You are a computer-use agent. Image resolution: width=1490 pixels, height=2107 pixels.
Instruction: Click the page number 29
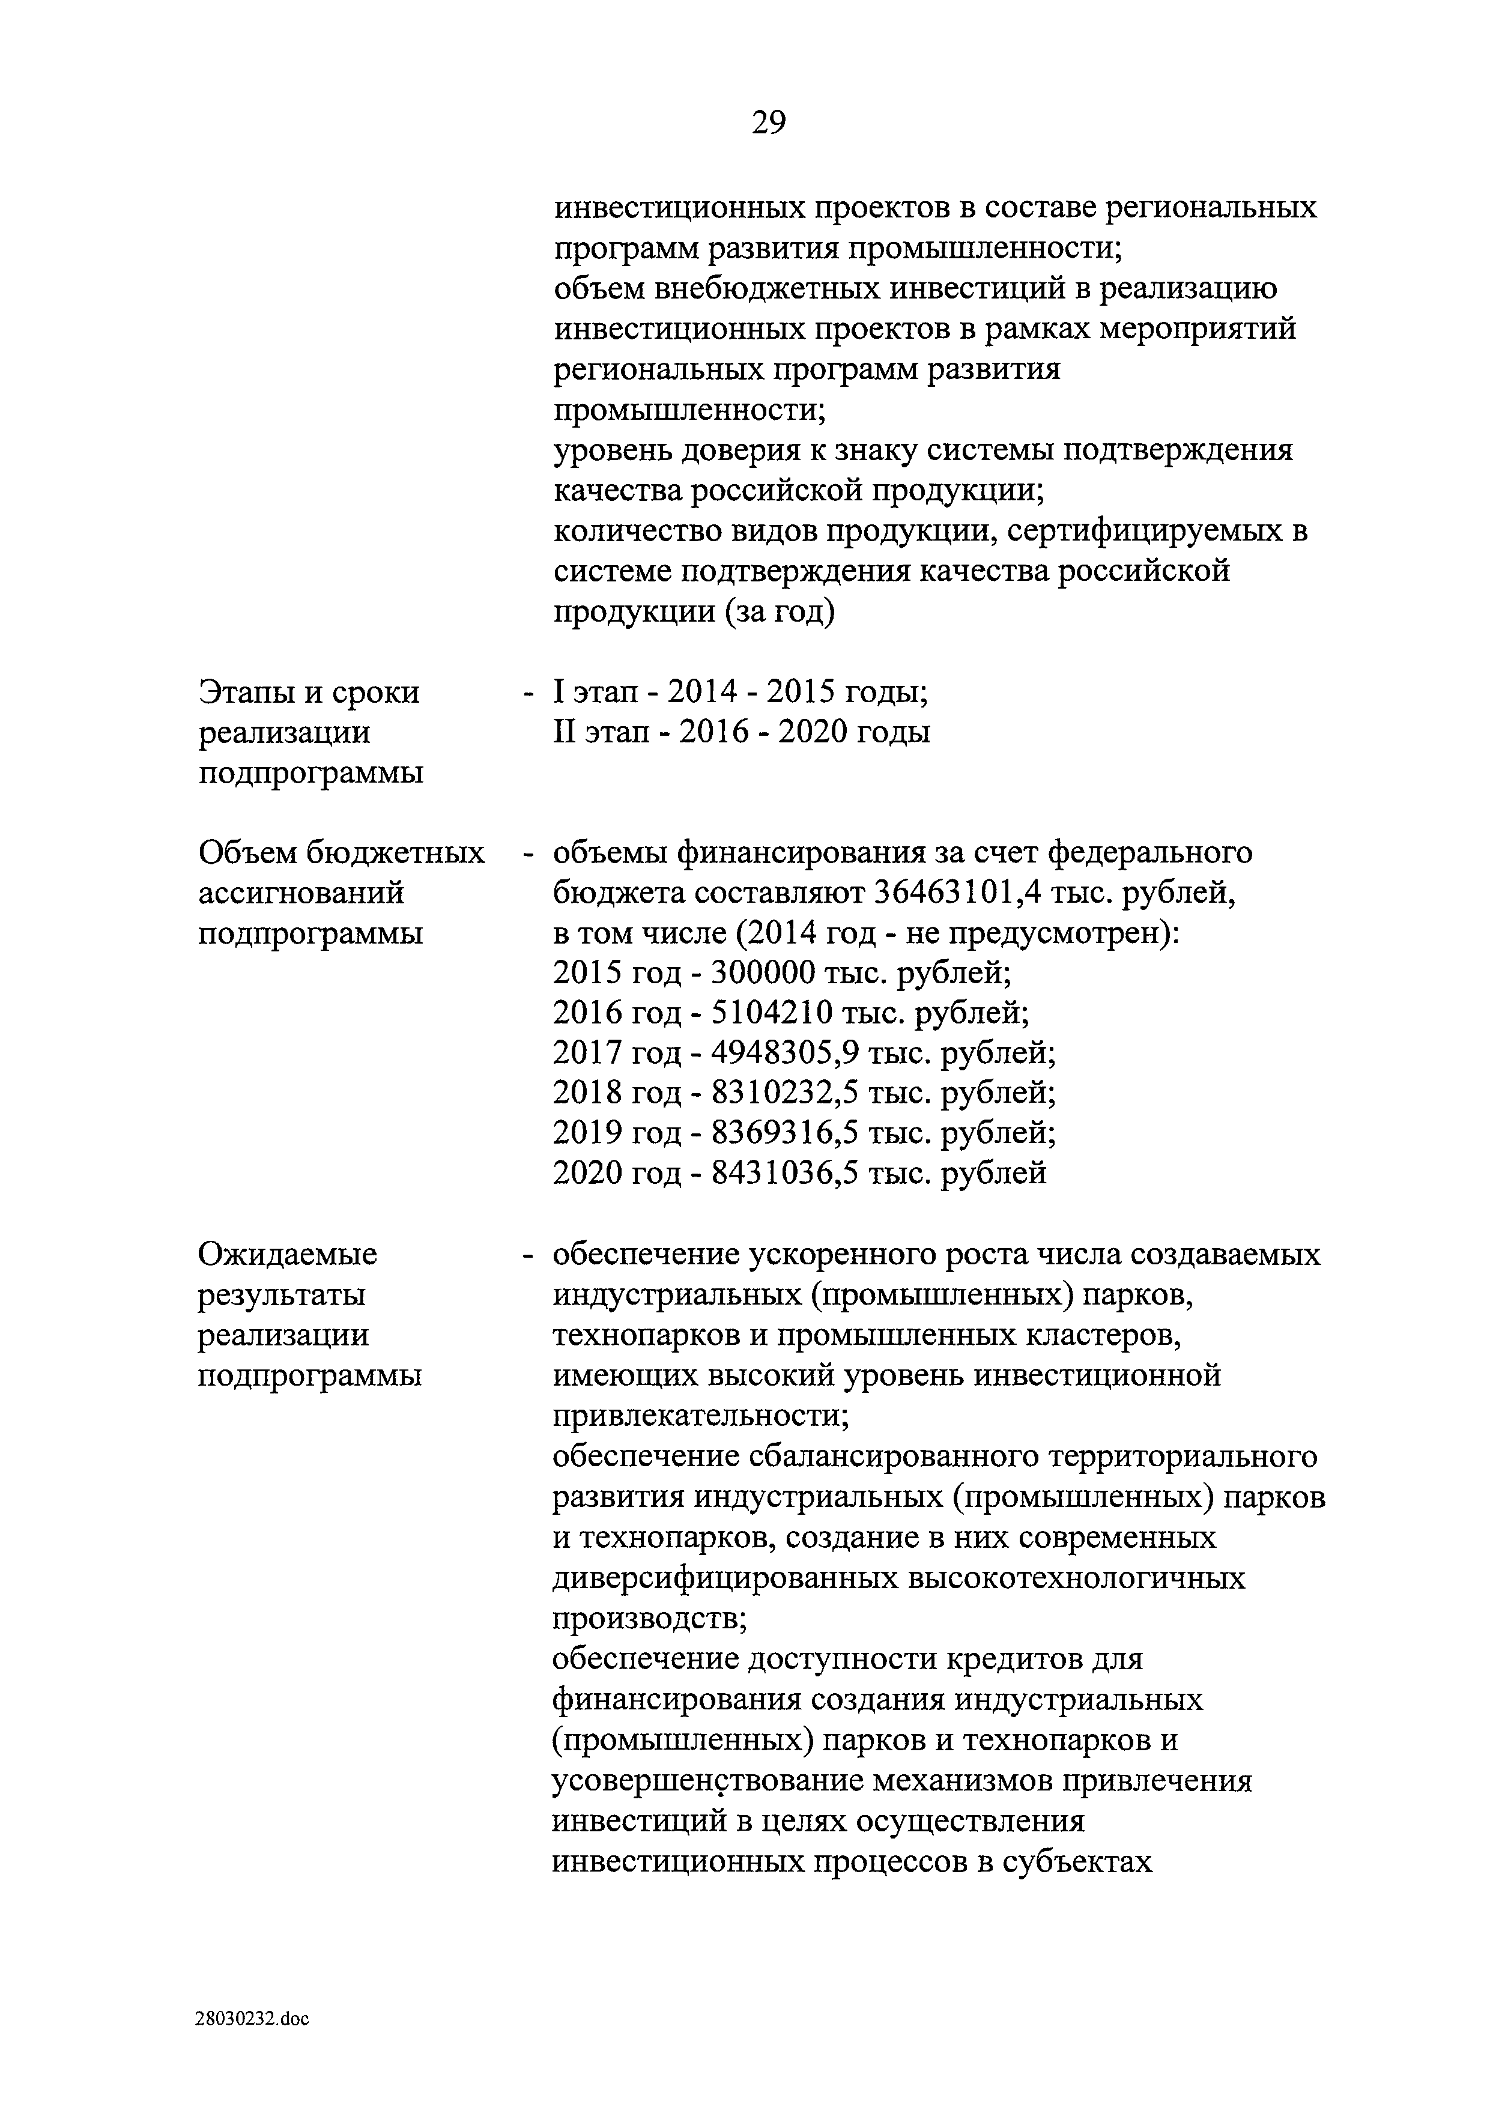(768, 122)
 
